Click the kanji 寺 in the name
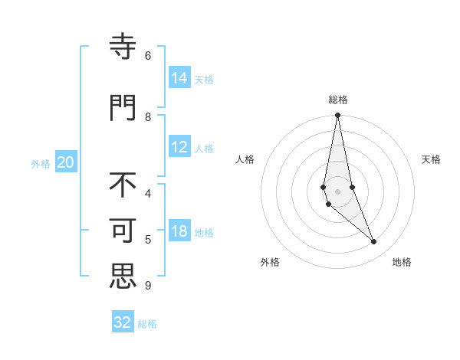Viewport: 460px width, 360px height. point(123,47)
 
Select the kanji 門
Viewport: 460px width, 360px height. point(123,106)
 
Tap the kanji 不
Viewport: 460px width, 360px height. point(123,186)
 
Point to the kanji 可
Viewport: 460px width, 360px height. point(123,231)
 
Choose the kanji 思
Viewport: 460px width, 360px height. point(123,276)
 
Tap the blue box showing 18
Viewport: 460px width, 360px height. point(179,231)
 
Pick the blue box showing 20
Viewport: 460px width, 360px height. point(66,162)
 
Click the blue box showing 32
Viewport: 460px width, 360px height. point(123,322)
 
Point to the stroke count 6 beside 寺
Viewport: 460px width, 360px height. point(148,55)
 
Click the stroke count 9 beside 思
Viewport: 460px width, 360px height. point(147,286)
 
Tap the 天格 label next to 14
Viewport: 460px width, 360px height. point(204,79)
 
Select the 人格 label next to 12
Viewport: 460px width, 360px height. point(204,149)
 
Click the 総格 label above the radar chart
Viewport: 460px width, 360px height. point(338,100)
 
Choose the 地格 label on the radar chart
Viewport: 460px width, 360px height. point(402,262)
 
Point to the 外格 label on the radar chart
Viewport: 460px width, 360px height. point(270,262)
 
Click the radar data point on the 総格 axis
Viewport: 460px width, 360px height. point(337,116)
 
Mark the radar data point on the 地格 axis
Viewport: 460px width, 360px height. point(373,241)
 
